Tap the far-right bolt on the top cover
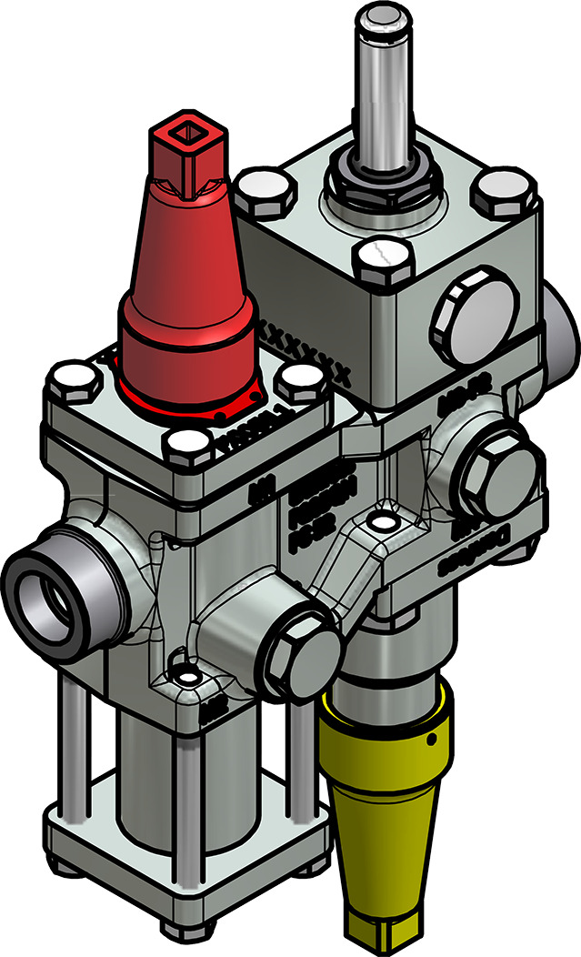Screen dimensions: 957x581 [x=505, y=192]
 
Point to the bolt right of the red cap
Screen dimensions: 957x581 [x=301, y=381]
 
